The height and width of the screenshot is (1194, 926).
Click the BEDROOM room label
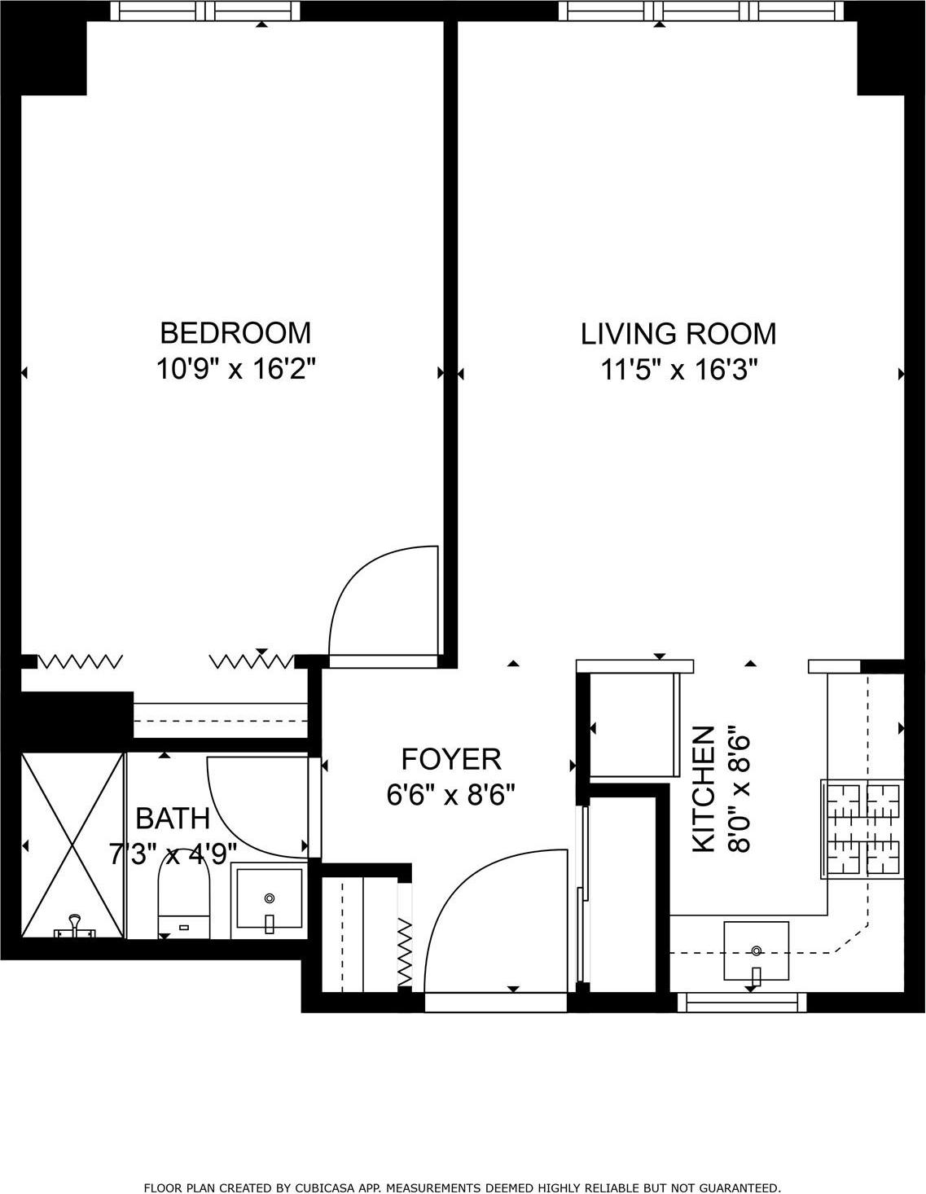pyautogui.click(x=235, y=333)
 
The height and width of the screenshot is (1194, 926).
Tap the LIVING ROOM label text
pyautogui.click(x=678, y=334)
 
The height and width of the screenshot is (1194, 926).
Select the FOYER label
pyautogui.click(x=451, y=759)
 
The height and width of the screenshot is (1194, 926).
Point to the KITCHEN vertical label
pyautogui.click(x=704, y=789)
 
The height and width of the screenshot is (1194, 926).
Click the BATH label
pyautogui.click(x=173, y=818)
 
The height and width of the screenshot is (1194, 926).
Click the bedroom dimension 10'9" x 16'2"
pyautogui.click(x=235, y=370)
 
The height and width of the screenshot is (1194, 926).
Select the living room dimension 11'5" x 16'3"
pyautogui.click(x=679, y=371)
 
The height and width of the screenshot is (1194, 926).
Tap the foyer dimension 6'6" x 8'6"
pyautogui.click(x=451, y=794)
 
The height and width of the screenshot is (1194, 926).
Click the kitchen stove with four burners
pyautogui.click(x=862, y=828)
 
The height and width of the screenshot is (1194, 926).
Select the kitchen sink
pyautogui.click(x=756, y=951)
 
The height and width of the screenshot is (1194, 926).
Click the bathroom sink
pyautogui.click(x=270, y=899)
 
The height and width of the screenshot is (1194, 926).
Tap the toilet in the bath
pyautogui.click(x=184, y=900)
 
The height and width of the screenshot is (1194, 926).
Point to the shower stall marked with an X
pyautogui.click(x=72, y=845)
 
